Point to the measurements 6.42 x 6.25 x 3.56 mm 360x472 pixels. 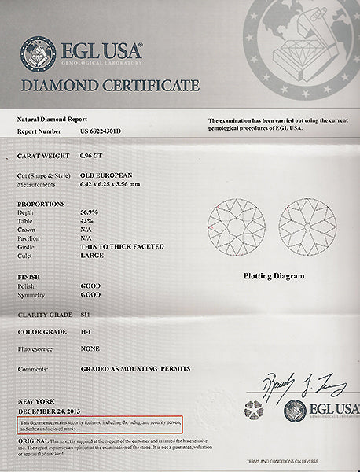pos(116,185)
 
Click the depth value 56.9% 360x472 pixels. pos(89,212)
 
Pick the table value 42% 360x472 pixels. pos(86,220)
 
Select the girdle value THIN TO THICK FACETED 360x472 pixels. pos(122,246)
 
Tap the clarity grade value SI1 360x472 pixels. pos(86,314)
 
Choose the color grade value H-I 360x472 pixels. pos(86,332)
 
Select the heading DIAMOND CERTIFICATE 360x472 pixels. pos(110,86)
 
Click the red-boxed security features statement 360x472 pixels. pos(99,426)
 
